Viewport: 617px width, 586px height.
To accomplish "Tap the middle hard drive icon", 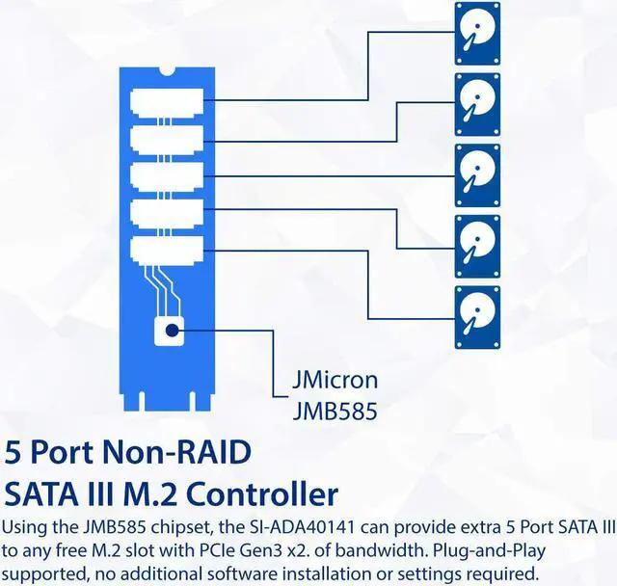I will coord(478,174).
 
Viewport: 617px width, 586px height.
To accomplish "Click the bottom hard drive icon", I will coord(478,317).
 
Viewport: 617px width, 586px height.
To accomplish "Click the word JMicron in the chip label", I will coord(335,380).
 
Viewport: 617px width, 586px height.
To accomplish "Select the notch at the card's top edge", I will coord(165,69).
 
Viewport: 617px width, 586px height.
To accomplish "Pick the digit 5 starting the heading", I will coord(13,451).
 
